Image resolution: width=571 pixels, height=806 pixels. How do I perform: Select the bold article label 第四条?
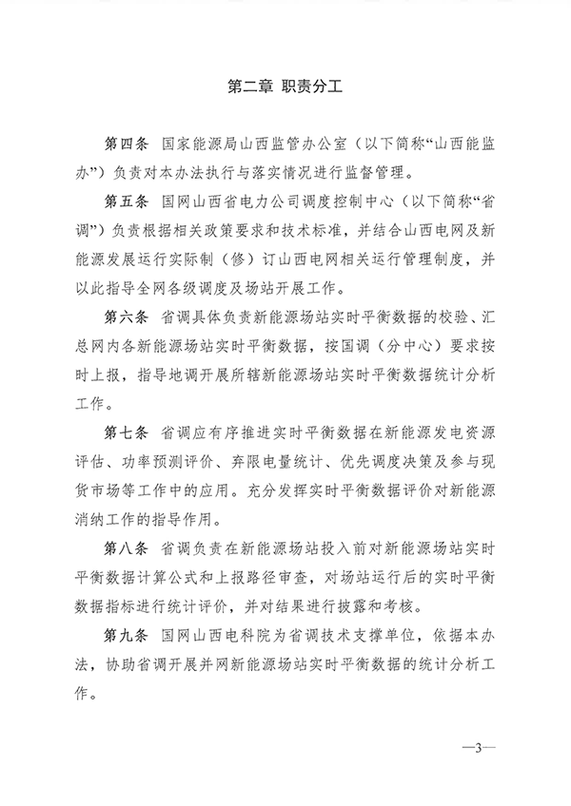124,150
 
